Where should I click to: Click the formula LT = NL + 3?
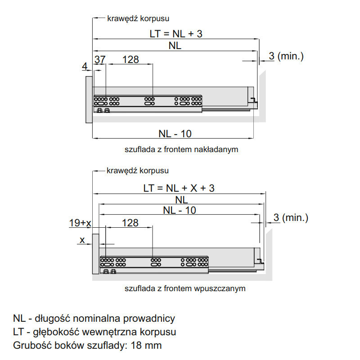(176, 34)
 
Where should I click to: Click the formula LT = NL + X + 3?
(179, 188)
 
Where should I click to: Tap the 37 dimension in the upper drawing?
(100, 60)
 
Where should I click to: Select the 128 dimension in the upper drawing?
(130, 60)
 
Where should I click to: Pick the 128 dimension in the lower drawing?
(130, 223)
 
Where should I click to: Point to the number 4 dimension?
(85, 66)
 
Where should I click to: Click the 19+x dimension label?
(80, 223)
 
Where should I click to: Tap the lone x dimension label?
(82, 240)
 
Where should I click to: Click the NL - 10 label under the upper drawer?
(175, 134)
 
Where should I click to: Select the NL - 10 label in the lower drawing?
(180, 210)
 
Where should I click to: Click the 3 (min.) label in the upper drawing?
(286, 56)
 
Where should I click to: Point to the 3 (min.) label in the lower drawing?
(291, 217)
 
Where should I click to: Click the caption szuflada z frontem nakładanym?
(181, 149)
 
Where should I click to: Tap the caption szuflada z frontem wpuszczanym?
(185, 288)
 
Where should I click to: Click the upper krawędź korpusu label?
(138, 18)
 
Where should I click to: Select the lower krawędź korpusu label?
(138, 171)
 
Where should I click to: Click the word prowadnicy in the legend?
(149, 319)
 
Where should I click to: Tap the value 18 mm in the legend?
(146, 345)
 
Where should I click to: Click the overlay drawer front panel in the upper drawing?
(89, 99)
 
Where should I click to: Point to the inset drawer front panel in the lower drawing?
(95, 254)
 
